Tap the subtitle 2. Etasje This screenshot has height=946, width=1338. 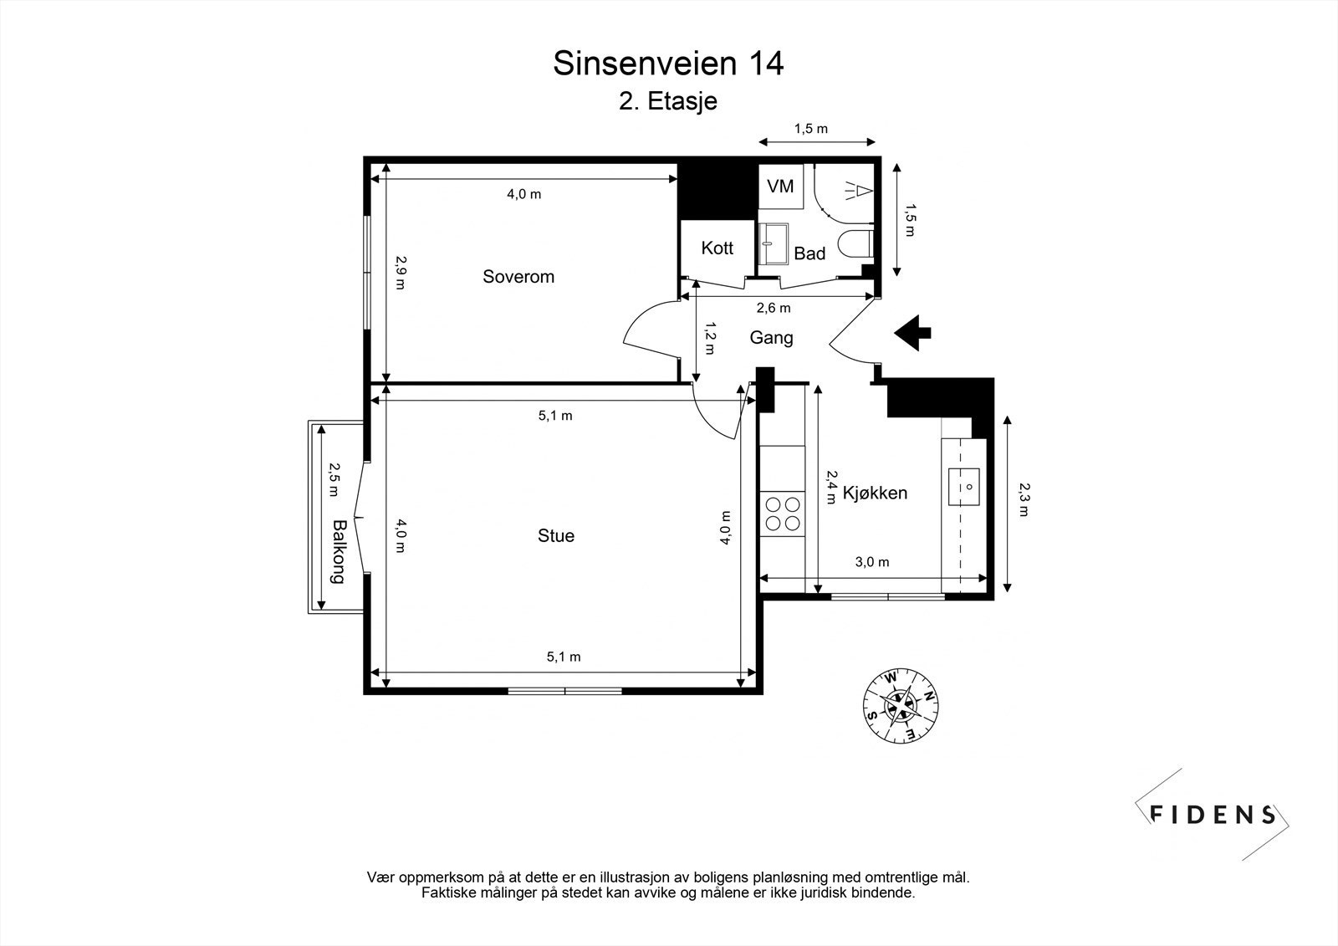(668, 102)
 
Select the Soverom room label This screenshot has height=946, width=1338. (518, 277)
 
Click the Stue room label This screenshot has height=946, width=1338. (556, 536)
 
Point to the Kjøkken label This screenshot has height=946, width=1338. (875, 493)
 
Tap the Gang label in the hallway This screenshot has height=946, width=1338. (771, 338)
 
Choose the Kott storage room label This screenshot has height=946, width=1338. (718, 248)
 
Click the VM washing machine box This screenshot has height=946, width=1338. (780, 186)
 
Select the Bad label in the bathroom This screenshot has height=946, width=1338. (809, 253)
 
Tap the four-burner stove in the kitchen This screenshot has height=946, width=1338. (782, 514)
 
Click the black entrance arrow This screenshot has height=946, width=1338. (912, 332)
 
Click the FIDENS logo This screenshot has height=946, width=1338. (1213, 815)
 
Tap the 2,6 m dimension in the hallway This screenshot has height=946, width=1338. (774, 308)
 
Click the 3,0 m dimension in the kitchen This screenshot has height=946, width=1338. (872, 562)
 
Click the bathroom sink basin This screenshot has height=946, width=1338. (774, 243)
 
